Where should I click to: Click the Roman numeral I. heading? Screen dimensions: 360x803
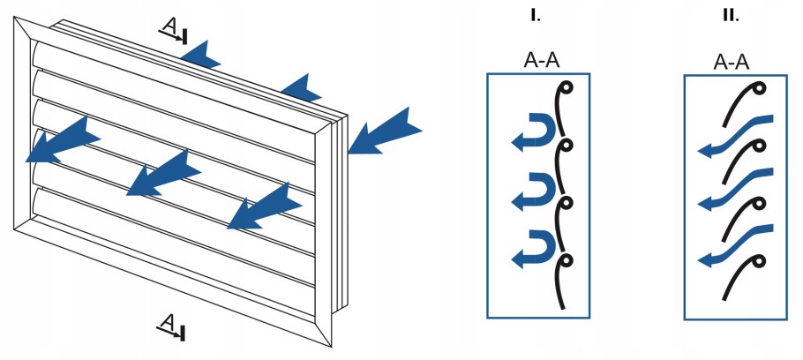(537, 15)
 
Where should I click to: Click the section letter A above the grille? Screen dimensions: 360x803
(169, 27)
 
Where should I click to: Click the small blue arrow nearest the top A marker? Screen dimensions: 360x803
(202, 56)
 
